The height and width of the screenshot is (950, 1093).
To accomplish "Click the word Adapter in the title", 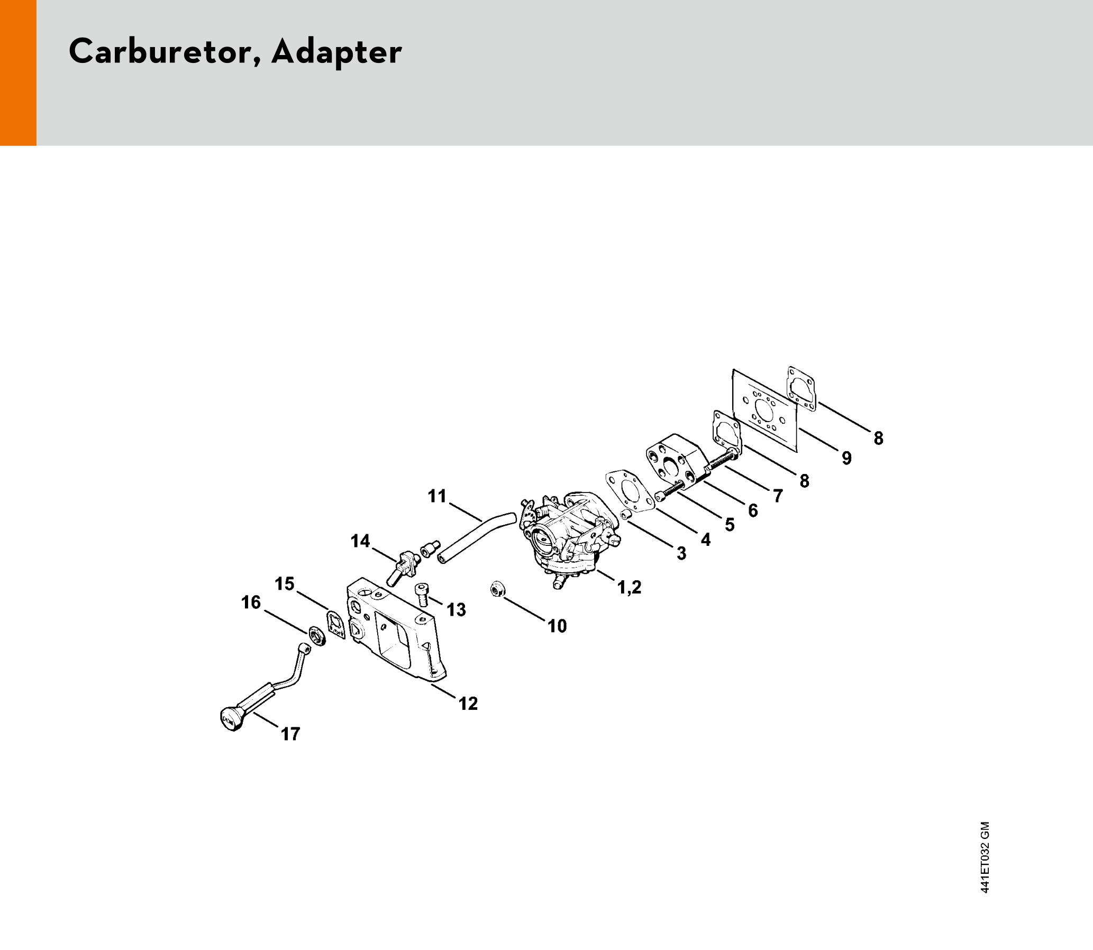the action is (337, 53).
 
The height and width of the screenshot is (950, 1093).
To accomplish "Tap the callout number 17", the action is (290, 734).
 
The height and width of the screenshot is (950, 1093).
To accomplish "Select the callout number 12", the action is (468, 704).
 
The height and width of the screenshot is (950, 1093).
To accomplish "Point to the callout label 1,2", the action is (630, 587).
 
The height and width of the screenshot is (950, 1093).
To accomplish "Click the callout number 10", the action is (557, 626).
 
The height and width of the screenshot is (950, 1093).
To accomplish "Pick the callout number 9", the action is (847, 458).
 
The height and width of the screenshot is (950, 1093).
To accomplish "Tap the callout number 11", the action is (438, 496).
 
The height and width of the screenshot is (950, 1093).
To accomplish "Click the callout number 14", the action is (360, 541).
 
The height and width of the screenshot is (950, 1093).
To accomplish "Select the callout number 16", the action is (251, 602).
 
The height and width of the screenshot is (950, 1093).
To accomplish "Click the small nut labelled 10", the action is (497, 589).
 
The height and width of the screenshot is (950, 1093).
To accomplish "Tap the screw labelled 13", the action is (422, 595).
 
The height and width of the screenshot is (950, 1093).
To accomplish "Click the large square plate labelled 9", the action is (764, 411).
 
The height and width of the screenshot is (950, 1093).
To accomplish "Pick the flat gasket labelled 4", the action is (631, 491).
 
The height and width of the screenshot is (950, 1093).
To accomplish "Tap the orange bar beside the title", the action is (18, 72).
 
